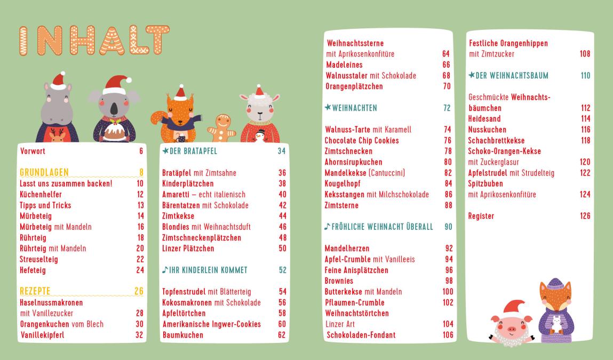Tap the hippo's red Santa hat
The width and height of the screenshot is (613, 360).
tap(58, 81)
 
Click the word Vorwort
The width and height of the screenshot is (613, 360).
tap(32, 151)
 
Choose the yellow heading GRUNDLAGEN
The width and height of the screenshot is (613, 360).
tap(44, 172)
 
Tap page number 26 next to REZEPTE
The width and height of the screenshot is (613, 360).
tap(140, 291)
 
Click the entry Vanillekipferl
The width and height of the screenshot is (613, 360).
tap(44, 335)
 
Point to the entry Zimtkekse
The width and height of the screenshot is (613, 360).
tap(178, 216)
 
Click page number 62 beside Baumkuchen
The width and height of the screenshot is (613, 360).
tap(282, 335)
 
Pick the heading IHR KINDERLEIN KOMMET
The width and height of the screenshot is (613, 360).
tap(201, 270)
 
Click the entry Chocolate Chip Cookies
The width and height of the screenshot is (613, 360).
tap(362, 140)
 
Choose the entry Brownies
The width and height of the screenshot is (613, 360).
tap(339, 281)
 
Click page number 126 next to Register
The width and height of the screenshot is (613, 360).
tap(585, 216)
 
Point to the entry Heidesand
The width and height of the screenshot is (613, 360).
tap(484, 118)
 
